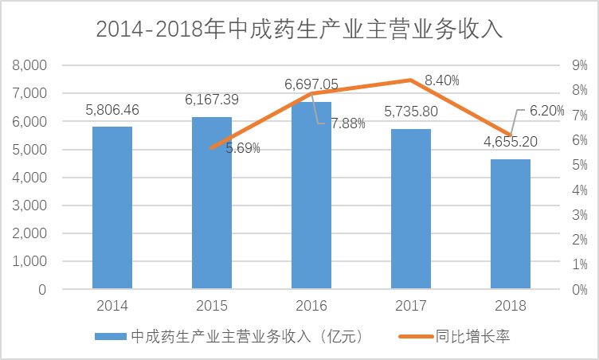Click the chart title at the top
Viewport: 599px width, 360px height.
tap(299, 29)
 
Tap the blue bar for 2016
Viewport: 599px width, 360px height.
tap(311, 195)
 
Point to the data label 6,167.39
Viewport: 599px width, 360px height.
tap(212, 100)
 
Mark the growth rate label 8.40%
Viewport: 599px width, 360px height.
tap(442, 80)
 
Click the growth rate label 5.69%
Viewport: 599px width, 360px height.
tap(243, 148)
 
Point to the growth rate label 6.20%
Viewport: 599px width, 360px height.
tap(546, 111)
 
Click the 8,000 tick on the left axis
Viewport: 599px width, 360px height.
tap(31, 65)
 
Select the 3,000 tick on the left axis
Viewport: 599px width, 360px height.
tap(31, 205)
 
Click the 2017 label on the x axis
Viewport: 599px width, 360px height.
tap(411, 305)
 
